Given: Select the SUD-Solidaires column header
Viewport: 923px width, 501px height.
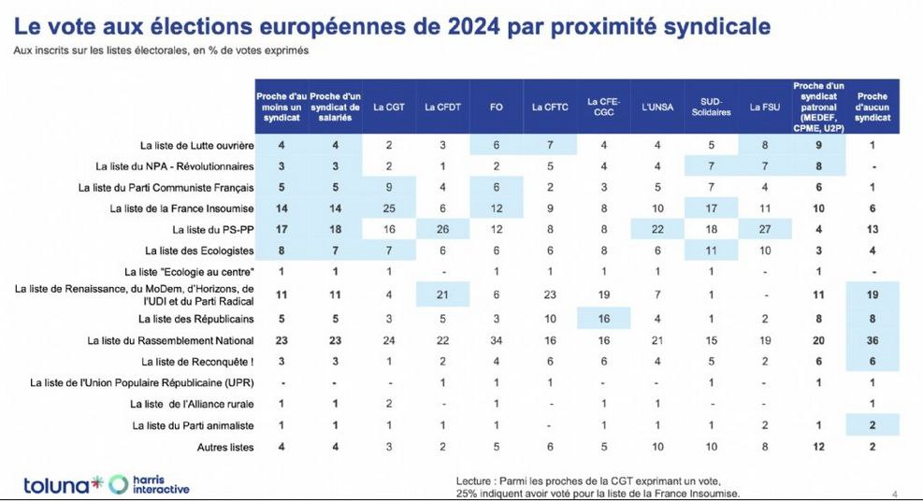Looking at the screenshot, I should tap(709, 107).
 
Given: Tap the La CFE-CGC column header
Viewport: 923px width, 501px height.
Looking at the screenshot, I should tap(603, 107).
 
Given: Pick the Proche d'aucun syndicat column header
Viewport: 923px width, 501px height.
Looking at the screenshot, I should tap(872, 107).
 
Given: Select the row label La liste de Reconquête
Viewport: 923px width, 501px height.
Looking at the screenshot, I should tap(197, 361).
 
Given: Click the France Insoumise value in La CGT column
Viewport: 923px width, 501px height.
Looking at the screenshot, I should tap(387, 207).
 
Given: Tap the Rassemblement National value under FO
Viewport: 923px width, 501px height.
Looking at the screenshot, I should tap(496, 339).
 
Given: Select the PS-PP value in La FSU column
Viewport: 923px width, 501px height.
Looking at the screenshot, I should tap(764, 229).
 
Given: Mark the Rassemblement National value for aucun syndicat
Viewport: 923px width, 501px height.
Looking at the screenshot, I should tap(872, 339).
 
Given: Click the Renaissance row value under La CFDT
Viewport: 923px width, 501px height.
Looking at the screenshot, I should tap(441, 294).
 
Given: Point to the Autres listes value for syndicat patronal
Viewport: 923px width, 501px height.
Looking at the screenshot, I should tap(819, 448).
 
